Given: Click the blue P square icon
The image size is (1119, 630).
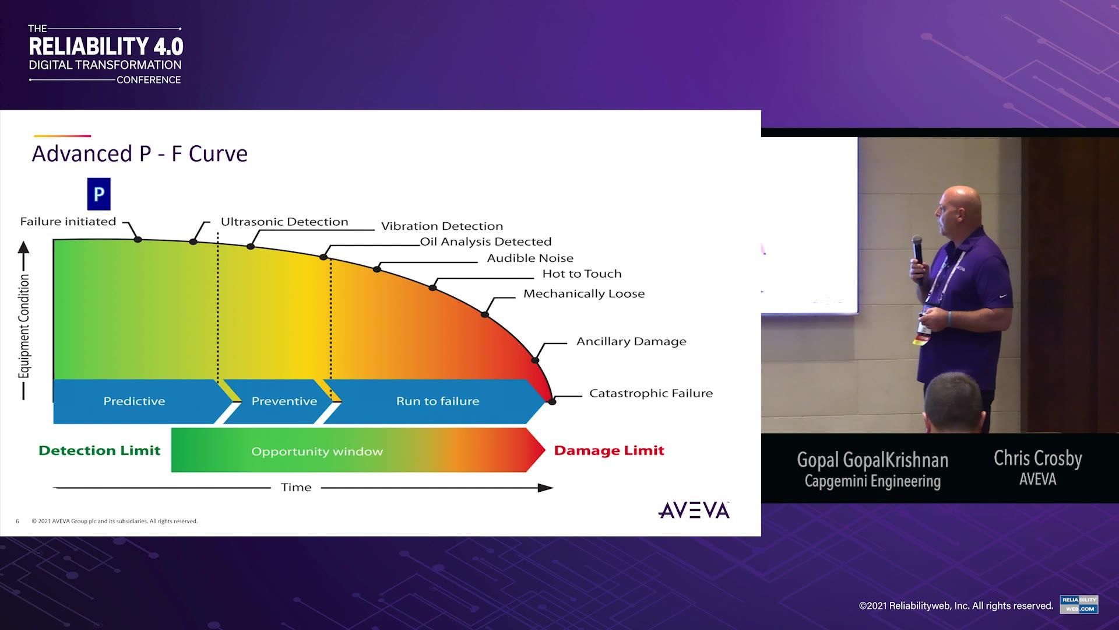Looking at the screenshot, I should (98, 194).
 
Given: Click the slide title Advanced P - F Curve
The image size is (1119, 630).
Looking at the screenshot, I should (140, 153).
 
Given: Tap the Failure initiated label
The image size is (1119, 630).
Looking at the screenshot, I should (68, 222).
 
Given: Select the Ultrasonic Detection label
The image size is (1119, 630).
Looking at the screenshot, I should (284, 222).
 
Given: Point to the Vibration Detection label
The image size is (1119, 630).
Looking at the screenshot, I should (442, 226).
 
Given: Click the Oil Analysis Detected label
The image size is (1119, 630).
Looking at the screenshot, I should (485, 242).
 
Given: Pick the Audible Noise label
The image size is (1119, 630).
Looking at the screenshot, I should (530, 258).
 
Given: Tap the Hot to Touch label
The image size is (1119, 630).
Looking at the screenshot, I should (582, 274).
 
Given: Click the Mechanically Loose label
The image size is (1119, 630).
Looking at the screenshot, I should (584, 293).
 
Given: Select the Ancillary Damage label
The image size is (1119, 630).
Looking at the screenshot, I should (631, 341).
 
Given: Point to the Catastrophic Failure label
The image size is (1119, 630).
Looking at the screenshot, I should (651, 393).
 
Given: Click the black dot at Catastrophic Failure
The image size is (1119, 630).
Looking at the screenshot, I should (553, 401).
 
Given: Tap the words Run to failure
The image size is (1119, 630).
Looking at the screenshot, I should (438, 401).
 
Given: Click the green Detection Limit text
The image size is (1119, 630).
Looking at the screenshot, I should (99, 450).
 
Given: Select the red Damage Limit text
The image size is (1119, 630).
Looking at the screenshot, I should (609, 450).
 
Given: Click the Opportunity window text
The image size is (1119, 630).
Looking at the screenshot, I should (317, 452).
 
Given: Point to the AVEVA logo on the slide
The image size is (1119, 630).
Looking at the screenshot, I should (694, 510).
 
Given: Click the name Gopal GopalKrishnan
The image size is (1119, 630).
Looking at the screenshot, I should (872, 460).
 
